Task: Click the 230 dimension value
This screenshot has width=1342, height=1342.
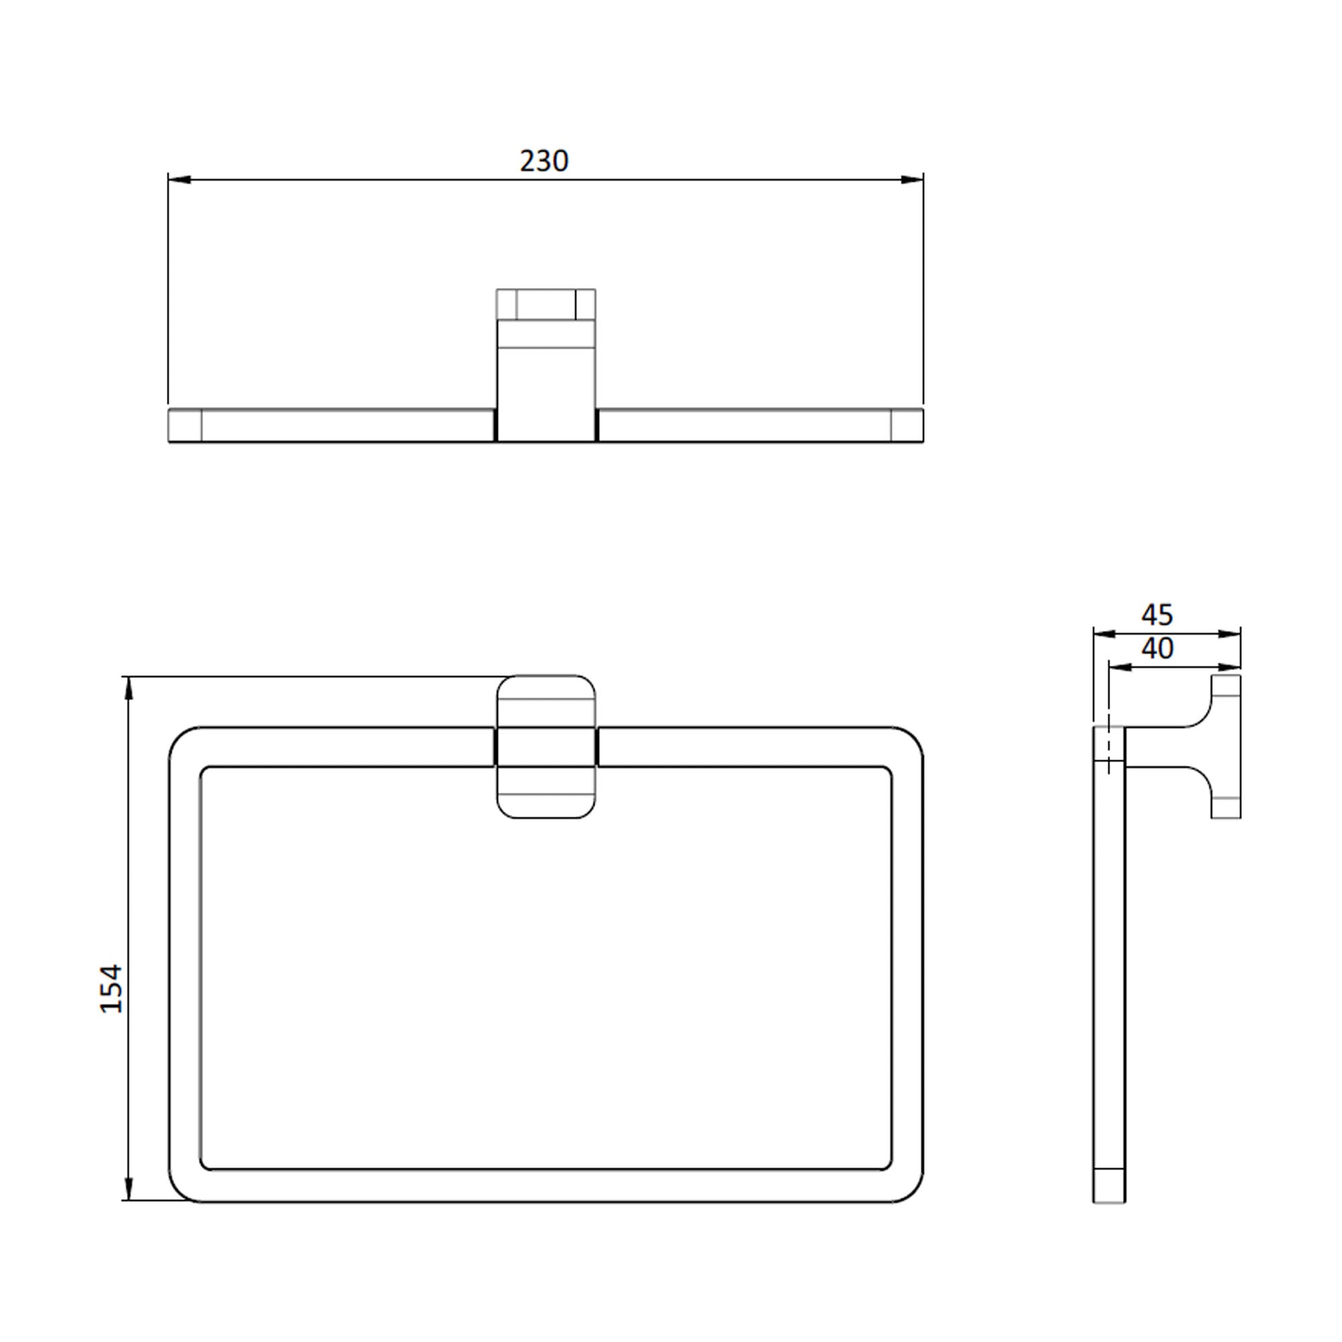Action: coord(544,161)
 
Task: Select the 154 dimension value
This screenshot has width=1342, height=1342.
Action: coord(111,988)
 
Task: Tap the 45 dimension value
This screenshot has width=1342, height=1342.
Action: coord(1157,615)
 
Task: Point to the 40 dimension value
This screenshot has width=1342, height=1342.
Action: coord(1157,649)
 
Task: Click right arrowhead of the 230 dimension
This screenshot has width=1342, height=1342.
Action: coord(912,180)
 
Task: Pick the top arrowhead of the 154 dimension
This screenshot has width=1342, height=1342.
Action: coord(127,688)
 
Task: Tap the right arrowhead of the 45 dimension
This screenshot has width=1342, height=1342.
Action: coord(1230,633)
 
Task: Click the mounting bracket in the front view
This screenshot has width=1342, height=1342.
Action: coord(546,747)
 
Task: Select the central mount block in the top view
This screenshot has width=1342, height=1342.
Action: coord(546,364)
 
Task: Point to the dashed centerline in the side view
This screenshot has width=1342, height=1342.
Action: coord(1108,747)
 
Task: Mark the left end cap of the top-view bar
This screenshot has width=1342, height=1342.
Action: coord(185,425)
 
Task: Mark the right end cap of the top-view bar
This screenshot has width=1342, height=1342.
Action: coord(907,425)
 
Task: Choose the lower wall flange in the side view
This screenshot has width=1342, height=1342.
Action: coord(1226,808)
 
